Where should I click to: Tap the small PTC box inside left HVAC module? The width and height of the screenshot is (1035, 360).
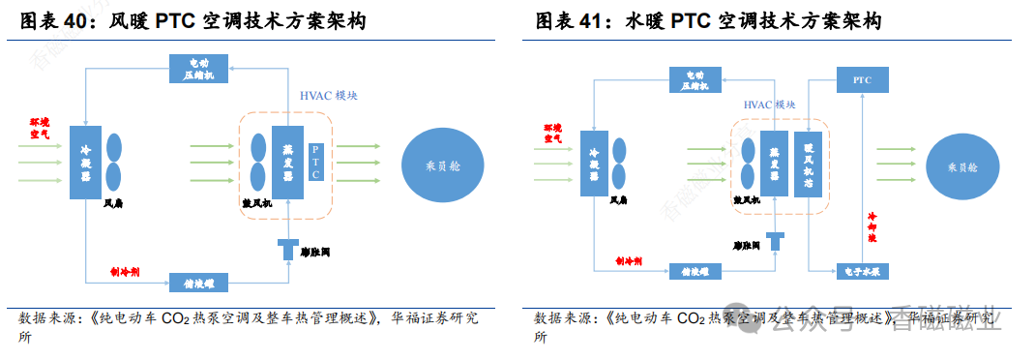316,162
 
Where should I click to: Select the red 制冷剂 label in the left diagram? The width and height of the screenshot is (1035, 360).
126,274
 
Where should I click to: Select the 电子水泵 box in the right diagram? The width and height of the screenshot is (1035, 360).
862,272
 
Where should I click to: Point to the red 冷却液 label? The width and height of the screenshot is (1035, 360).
872,226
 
